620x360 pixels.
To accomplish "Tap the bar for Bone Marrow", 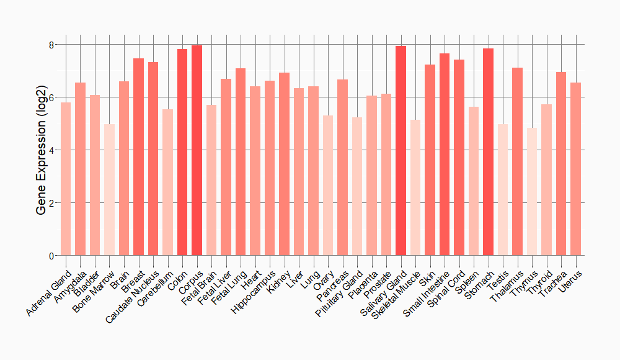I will (109, 190).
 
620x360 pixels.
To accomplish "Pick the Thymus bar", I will (532, 192).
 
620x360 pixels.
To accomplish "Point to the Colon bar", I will (182, 152).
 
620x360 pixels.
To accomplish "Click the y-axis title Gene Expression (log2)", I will (41, 150).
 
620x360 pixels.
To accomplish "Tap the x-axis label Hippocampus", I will (254, 290).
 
